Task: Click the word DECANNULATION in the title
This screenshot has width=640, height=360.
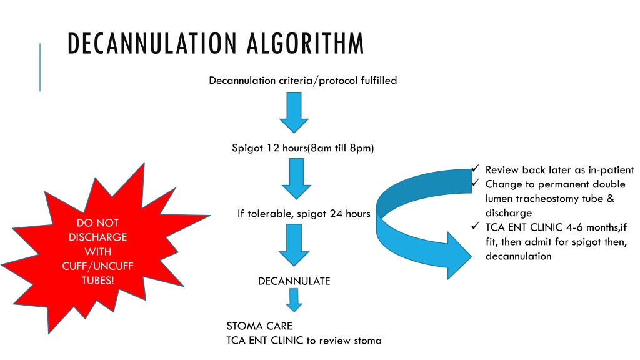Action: coord(152,43)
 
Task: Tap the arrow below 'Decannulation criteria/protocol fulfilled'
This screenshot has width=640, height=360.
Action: coord(294,112)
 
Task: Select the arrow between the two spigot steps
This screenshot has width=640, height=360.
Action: coord(296,179)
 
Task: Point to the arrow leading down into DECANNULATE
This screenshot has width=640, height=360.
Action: coord(294,245)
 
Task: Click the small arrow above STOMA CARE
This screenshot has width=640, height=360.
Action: coord(294,300)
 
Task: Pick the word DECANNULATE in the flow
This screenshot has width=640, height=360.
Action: coord(294,281)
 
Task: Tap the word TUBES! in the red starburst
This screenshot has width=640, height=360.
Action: coord(98,281)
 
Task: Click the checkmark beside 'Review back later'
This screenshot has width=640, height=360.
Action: coord(475,168)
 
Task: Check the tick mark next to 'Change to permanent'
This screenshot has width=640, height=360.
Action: coord(475,182)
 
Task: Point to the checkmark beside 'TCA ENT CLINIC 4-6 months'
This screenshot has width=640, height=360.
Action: coord(475,225)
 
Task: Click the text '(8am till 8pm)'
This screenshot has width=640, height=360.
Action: coord(341,147)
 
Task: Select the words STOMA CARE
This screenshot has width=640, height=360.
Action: coord(259,326)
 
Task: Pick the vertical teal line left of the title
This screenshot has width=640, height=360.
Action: coord(40,67)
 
